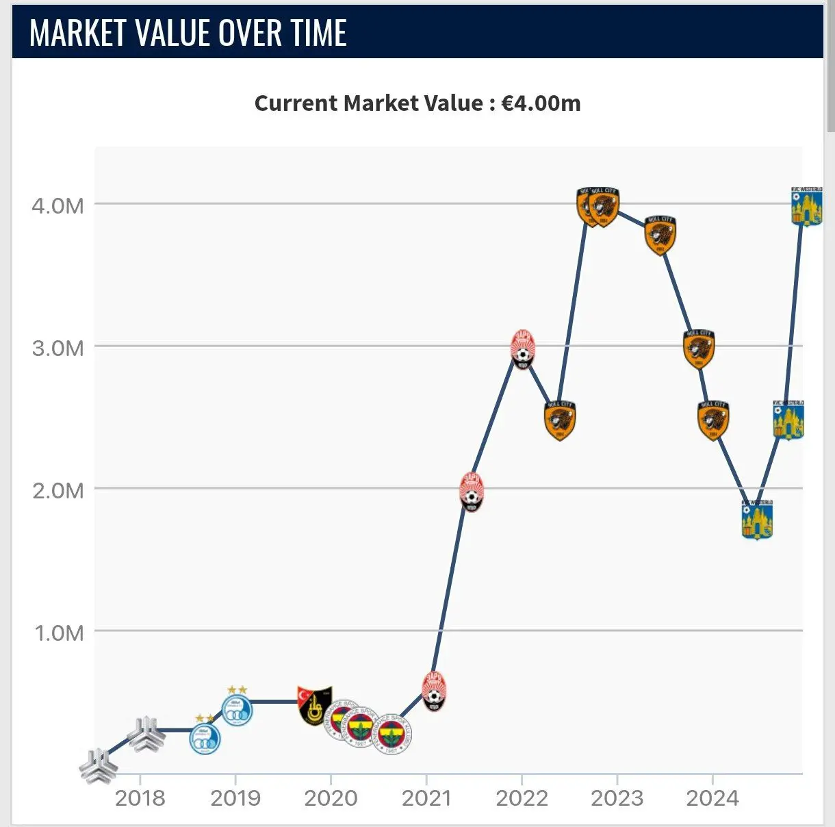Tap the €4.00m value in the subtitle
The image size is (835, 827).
[x=541, y=103]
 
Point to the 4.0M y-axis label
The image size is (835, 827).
[x=57, y=205]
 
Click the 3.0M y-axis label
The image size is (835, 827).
[x=57, y=348]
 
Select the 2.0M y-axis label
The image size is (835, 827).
[x=57, y=490]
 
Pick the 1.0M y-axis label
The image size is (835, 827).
[x=59, y=633]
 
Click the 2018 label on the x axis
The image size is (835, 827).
[x=140, y=798]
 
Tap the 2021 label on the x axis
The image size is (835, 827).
[x=426, y=798]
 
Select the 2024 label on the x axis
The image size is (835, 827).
[x=712, y=798]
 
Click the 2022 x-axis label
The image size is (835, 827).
[x=522, y=798]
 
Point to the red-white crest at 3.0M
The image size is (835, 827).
[x=523, y=350]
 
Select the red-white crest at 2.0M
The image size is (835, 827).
[x=472, y=492]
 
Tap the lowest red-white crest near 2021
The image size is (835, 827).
[x=434, y=691]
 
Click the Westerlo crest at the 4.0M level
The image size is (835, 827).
[x=806, y=207]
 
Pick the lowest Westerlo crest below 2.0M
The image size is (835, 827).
[x=757, y=520]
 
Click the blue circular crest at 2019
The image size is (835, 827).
[x=237, y=709]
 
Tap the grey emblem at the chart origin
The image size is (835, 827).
[x=97, y=765]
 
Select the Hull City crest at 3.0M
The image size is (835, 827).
[x=699, y=349]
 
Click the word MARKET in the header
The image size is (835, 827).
[x=78, y=33]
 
